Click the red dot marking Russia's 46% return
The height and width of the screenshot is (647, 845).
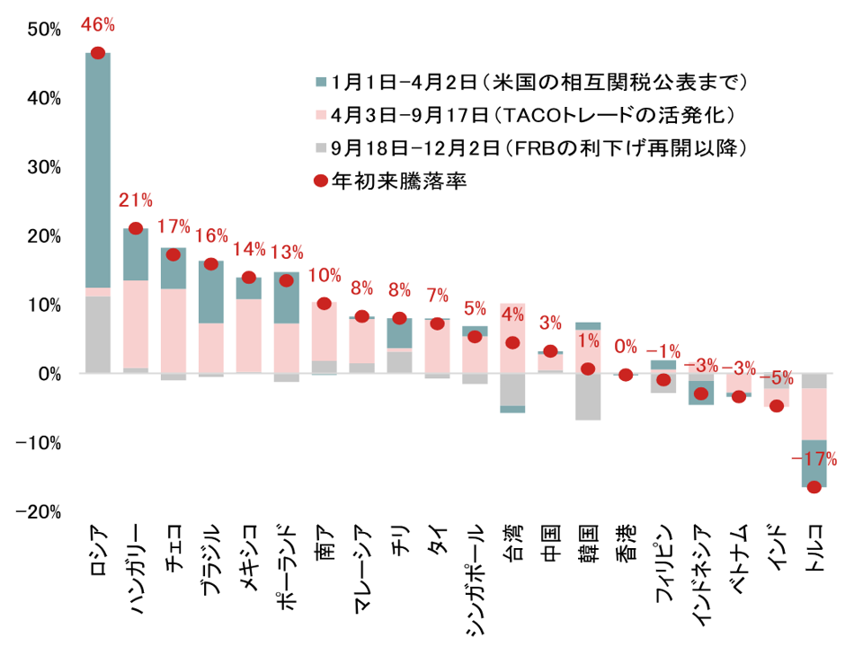98,53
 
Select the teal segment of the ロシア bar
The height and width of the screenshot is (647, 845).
98,171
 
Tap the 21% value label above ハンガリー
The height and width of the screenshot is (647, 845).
136,199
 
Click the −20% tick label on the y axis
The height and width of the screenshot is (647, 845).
40,511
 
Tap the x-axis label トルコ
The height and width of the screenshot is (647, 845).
814,538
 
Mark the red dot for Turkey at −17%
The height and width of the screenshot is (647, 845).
814,487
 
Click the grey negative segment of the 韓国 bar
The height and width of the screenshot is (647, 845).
588,397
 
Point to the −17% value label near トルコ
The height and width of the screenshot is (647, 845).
814,459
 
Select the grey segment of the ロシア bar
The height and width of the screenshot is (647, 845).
98,333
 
